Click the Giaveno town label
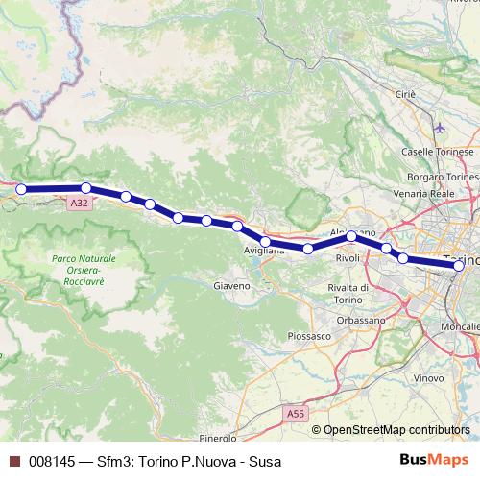(x=231, y=285)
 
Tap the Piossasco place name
(x=309, y=336)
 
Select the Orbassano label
(x=362, y=319)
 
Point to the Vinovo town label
(x=428, y=379)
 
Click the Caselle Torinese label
(x=437, y=152)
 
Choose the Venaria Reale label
(x=428, y=194)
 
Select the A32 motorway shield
(x=80, y=204)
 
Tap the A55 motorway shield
(x=297, y=412)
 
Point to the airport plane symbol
(x=440, y=127)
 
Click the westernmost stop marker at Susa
(x=21, y=189)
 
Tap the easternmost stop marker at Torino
(x=459, y=265)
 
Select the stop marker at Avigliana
(x=265, y=242)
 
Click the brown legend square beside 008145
(x=13, y=460)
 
